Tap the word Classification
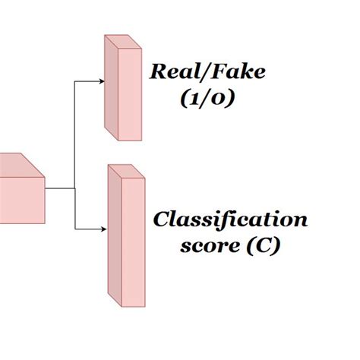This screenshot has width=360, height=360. pos(231,221)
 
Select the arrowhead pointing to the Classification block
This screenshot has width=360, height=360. pos(103,229)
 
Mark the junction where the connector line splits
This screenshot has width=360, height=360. pos(74,187)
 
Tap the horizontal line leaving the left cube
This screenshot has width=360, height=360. pos(59,187)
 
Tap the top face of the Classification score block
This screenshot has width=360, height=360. pos(124,171)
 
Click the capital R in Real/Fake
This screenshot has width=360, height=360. pos(159,74)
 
